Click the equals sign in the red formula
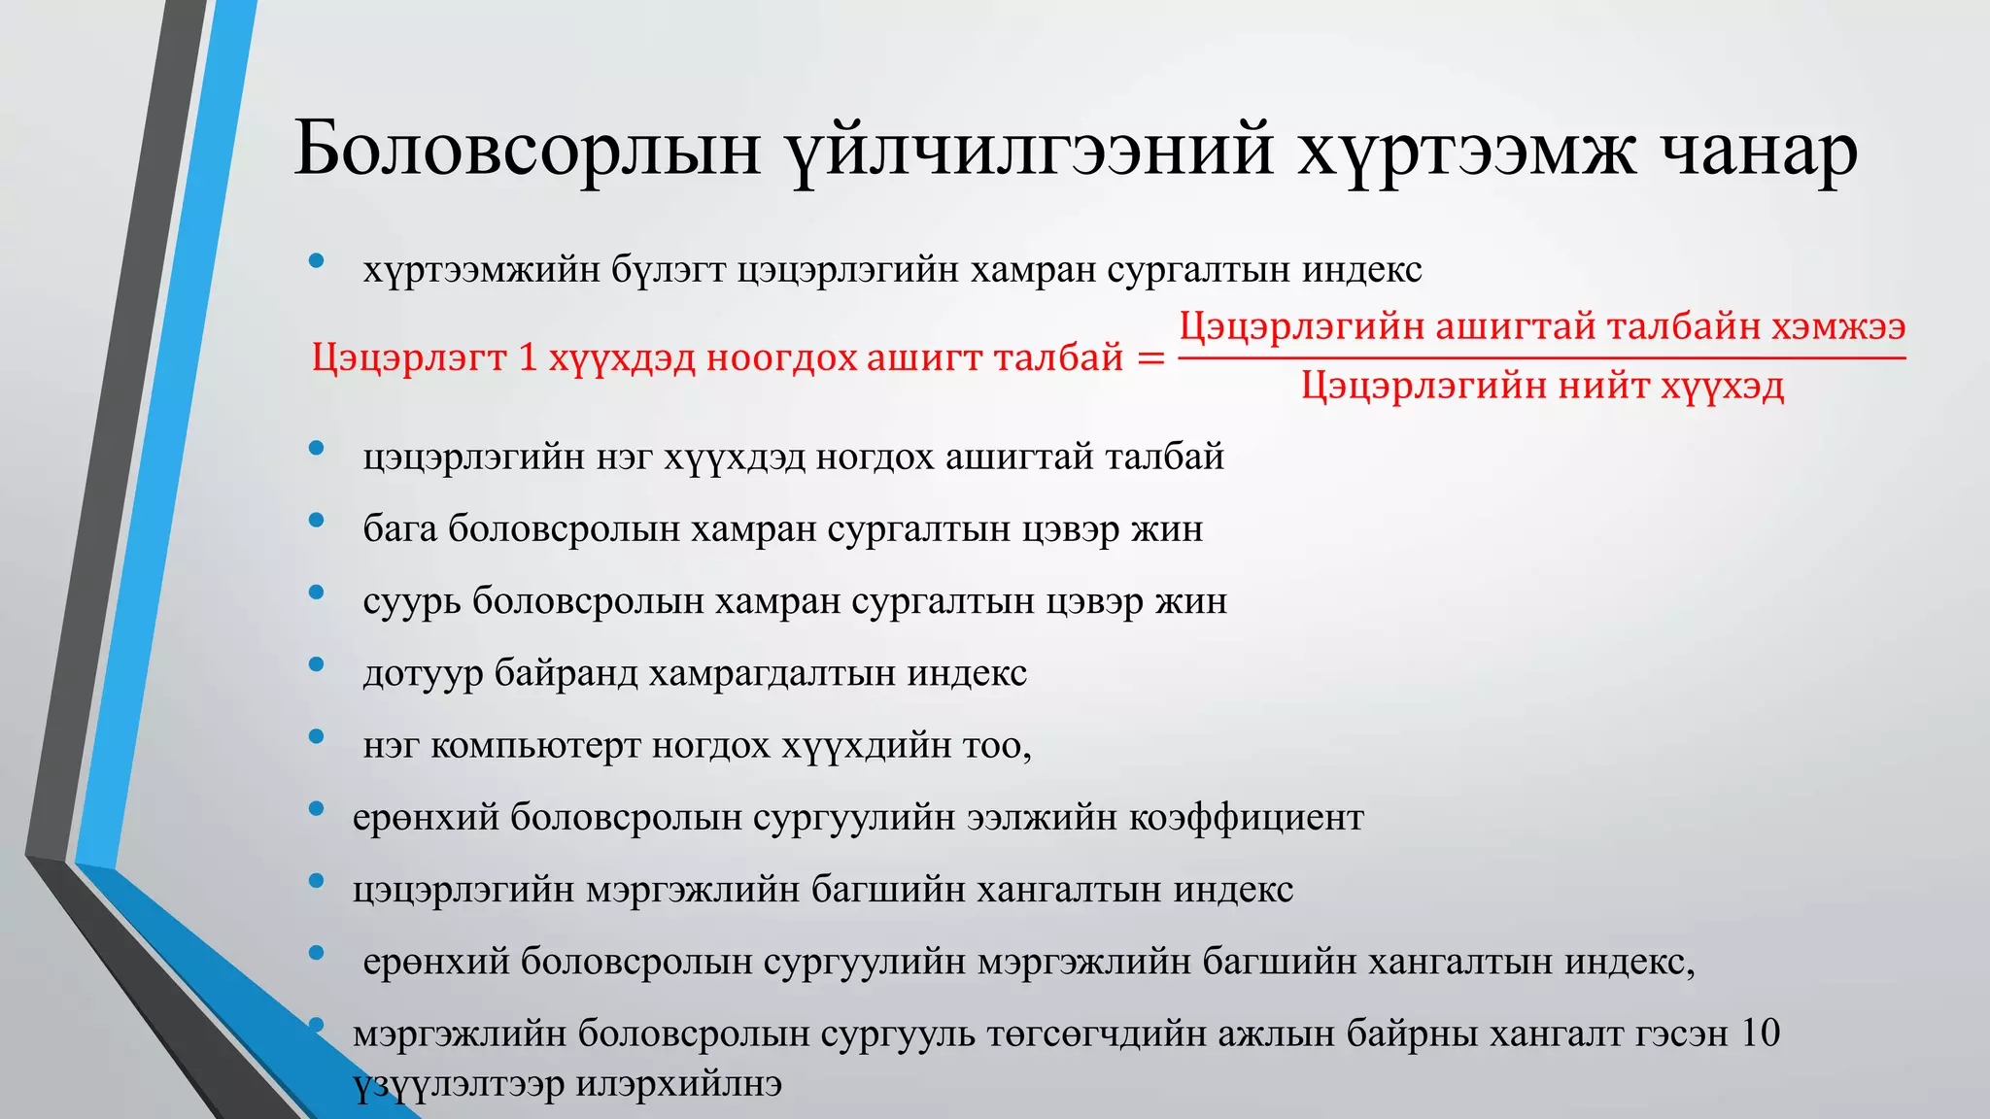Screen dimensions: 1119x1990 point(1150,358)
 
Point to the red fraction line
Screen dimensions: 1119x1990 point(1541,357)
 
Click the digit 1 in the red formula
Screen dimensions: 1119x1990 point(528,358)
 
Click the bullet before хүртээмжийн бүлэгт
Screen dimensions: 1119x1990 point(316,260)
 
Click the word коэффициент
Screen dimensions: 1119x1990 point(1246,817)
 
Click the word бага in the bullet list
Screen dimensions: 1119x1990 point(399,529)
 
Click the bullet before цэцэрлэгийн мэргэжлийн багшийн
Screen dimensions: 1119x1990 point(316,881)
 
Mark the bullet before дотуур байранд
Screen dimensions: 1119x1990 point(316,664)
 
